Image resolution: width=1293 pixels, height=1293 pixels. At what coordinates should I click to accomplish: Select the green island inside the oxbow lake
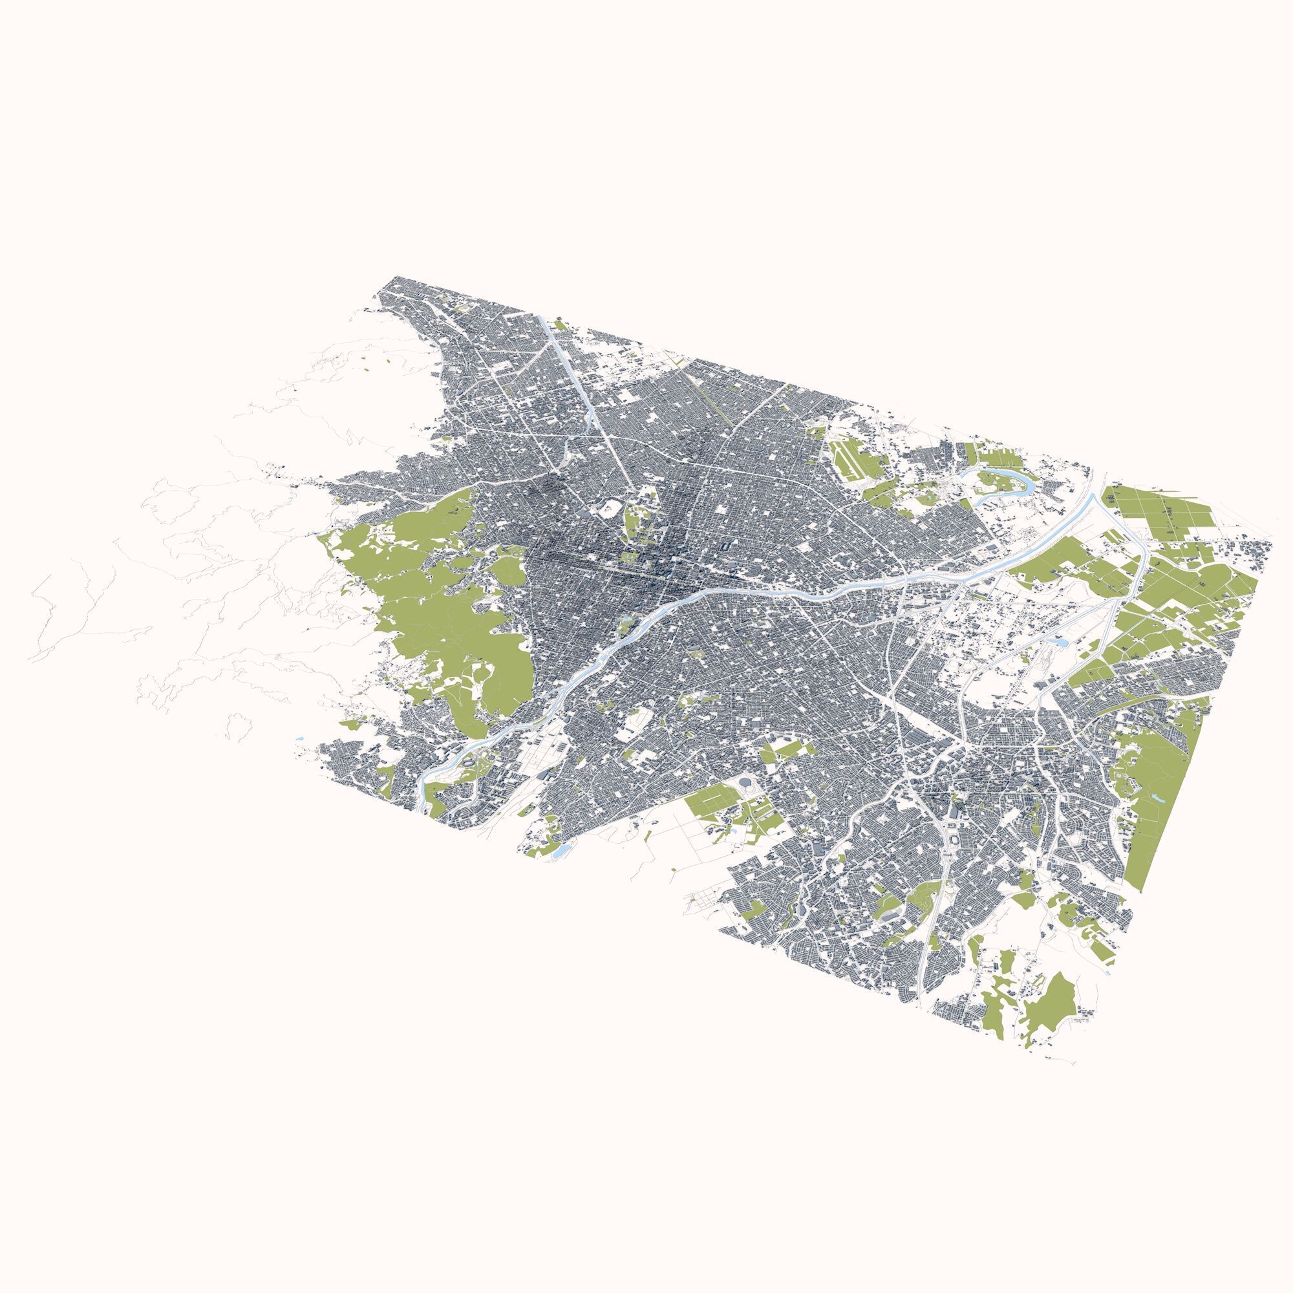[x=993, y=480]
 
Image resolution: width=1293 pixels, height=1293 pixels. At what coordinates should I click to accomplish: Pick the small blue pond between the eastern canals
[x=1061, y=642]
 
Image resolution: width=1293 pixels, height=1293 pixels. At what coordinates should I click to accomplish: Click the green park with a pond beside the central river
[x=626, y=626]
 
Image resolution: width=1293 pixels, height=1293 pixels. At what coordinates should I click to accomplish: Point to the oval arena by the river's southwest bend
[x=469, y=760]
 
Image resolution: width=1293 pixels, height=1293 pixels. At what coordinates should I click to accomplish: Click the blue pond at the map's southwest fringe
[x=561, y=851]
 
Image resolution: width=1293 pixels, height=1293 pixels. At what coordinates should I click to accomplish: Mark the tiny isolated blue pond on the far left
[x=299, y=738]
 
